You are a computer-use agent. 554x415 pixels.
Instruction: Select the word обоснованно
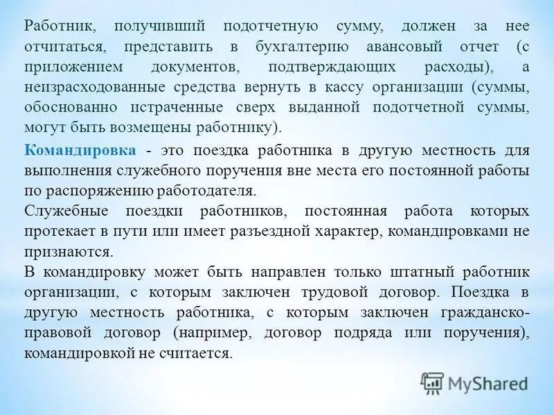pos(68,109)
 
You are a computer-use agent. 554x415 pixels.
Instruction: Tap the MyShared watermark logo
pos(475,382)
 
